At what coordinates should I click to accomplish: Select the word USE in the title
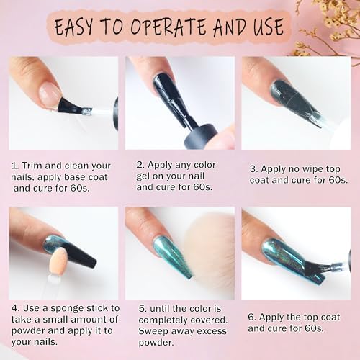click(265, 28)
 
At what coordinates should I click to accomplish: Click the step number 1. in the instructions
click(15, 165)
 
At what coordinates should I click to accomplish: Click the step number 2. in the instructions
click(140, 163)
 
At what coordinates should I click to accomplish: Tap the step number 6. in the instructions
click(252, 317)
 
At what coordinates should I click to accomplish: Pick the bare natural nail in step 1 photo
click(48, 94)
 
